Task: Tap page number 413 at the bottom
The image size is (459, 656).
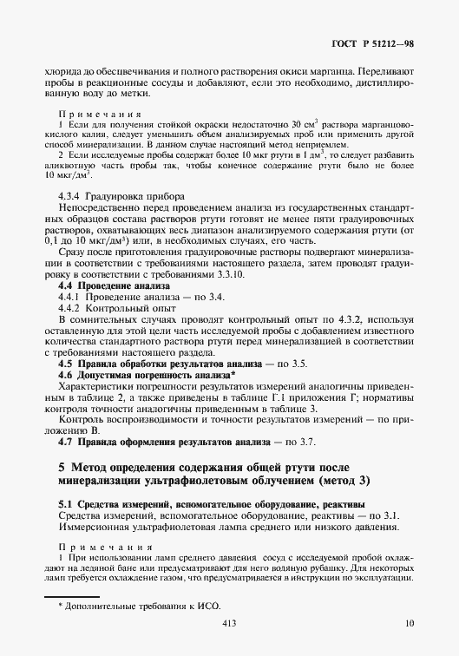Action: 229,623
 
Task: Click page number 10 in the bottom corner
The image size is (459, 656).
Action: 410,623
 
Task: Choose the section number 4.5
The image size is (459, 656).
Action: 64,364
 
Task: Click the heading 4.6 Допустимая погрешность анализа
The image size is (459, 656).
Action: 138,375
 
